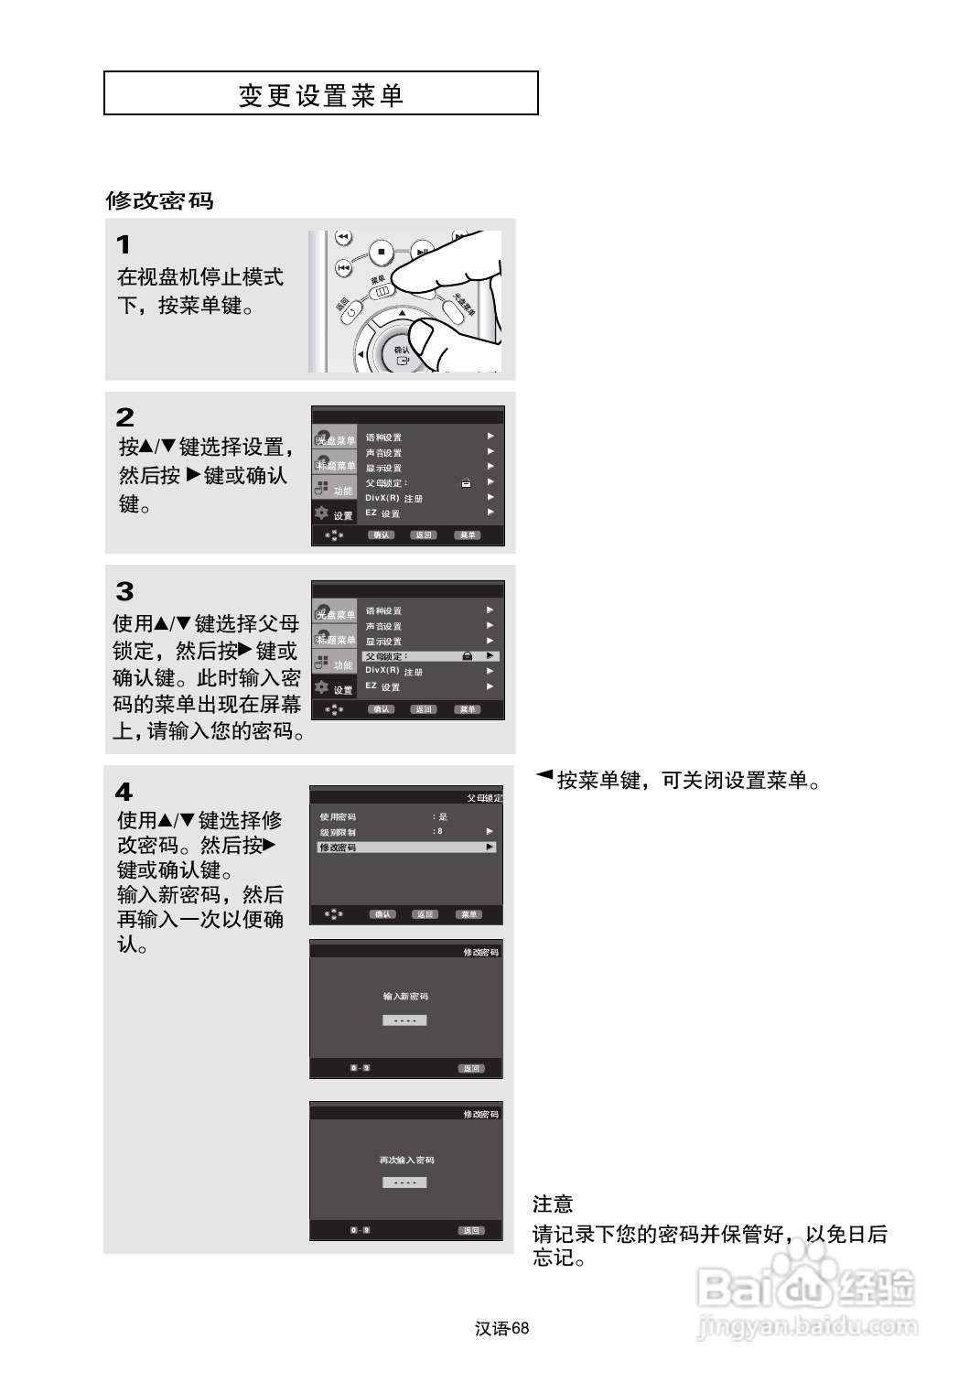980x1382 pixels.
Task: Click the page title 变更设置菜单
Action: point(320,95)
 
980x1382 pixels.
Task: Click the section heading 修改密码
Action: point(159,200)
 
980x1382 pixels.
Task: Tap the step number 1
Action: point(124,245)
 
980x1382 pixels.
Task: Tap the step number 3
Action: point(124,591)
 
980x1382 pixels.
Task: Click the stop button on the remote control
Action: point(382,251)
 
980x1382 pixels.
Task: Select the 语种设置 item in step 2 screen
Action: point(383,437)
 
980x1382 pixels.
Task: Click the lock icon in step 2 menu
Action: point(466,483)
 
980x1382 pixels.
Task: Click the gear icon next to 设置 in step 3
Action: point(321,686)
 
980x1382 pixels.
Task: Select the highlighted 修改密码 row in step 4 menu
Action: point(406,848)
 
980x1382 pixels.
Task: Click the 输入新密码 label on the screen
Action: point(405,996)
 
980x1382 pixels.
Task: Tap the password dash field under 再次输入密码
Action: point(404,1182)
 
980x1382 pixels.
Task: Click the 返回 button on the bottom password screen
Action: point(471,1230)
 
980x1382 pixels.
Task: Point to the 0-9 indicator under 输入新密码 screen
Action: point(360,1068)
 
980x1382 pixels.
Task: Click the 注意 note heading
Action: point(553,1204)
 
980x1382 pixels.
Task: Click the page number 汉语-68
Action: point(502,1329)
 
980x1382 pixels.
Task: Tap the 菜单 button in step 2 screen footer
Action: point(468,535)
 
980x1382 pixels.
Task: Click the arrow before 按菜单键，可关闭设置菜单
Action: point(544,776)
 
